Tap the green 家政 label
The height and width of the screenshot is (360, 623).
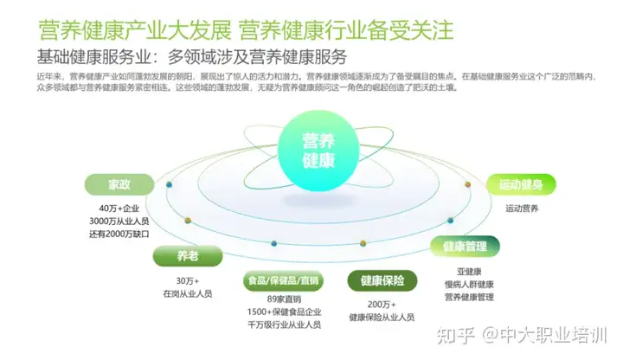pos(119,185)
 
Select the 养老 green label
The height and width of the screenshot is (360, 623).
pos(187,256)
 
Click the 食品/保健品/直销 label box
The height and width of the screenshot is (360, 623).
pos(283,280)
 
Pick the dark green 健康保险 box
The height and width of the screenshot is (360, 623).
pos(382,280)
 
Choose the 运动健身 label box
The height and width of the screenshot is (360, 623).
pos(527,184)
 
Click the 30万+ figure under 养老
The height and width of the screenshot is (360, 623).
pos(187,280)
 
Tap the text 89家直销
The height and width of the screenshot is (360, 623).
pos(283,299)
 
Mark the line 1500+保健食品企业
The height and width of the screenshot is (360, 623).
pos(283,312)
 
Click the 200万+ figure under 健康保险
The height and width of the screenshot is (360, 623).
pos(382,305)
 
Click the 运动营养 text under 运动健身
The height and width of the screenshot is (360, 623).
pos(522,209)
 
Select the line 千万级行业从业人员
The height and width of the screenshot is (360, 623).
pos(283,325)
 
